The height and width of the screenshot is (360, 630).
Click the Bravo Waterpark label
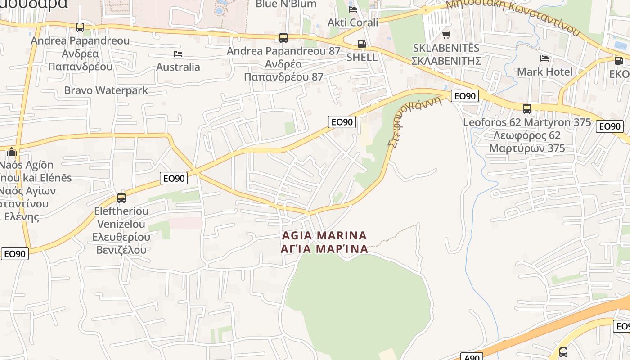106,90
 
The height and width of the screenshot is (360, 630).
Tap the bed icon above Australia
178,54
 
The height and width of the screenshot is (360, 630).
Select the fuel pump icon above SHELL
362,44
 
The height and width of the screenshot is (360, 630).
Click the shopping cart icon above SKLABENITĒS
446,35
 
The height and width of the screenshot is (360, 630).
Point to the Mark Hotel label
544,72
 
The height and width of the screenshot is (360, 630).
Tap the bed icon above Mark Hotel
544,58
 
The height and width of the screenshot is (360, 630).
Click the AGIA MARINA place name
324,235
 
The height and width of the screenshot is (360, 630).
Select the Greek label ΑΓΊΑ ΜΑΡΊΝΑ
324,248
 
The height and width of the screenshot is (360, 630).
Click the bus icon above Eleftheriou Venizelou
121,198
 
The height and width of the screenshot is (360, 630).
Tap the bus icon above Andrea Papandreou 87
283,38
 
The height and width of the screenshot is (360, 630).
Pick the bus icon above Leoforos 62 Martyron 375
526,109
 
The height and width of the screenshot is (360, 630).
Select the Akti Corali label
353,22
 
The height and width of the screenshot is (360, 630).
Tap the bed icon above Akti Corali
353,9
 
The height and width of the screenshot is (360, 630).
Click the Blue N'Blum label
286,4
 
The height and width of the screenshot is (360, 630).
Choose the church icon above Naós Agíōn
12,152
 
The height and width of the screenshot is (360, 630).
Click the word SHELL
362,58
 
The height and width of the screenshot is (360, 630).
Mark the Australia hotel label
178,67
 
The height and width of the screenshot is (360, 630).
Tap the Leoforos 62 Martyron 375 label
527,122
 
